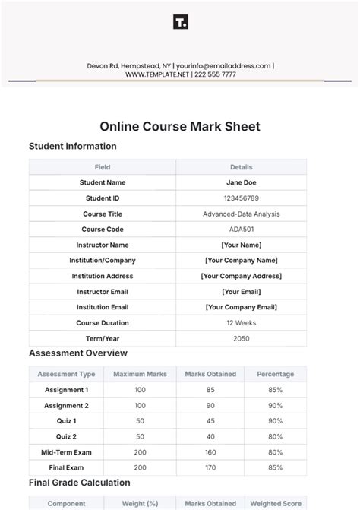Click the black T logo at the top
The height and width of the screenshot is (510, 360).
[180, 22]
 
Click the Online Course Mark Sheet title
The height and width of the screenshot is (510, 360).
[180, 127]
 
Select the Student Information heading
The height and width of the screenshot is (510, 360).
[73, 147]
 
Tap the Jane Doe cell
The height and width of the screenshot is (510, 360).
[241, 182]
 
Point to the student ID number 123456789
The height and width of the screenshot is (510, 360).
[241, 198]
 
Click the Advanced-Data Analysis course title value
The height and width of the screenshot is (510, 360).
[241, 214]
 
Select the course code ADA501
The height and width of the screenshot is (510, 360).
[241, 230]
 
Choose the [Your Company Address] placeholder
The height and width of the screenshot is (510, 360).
[241, 277]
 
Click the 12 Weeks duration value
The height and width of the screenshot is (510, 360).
[241, 323]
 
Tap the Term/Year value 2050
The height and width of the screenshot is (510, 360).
[241, 339]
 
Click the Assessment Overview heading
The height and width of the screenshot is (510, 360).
[78, 353]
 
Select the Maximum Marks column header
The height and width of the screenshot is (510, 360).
[140, 374]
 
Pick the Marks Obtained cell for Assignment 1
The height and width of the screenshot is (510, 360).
[210, 390]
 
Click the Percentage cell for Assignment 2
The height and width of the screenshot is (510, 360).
[275, 406]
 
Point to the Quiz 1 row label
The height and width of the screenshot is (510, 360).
[66, 421]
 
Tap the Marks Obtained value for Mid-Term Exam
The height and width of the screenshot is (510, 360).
[210, 452]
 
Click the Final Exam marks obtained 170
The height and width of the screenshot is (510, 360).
[210, 467]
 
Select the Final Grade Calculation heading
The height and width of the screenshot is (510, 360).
[80, 483]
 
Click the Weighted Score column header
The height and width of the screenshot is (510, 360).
[276, 504]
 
